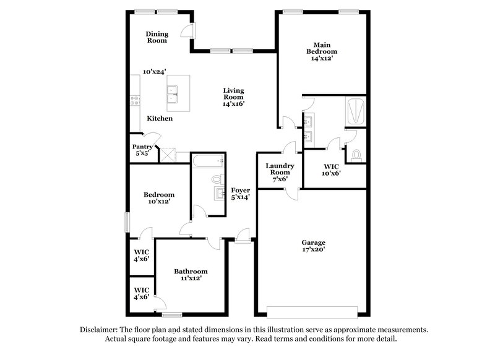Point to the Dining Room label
click(157, 37)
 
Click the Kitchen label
click(160, 118)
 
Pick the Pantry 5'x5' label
click(142, 150)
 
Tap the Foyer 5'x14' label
click(240, 194)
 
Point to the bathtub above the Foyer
click(207, 162)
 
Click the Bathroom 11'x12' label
click(191, 275)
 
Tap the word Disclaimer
click(101, 330)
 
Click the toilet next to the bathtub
click(217, 179)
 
